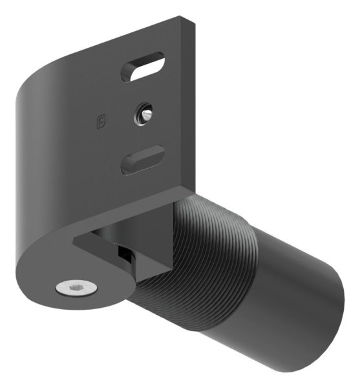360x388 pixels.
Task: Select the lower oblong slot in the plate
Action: pos(142,159)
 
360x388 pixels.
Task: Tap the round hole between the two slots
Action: pos(142,114)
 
